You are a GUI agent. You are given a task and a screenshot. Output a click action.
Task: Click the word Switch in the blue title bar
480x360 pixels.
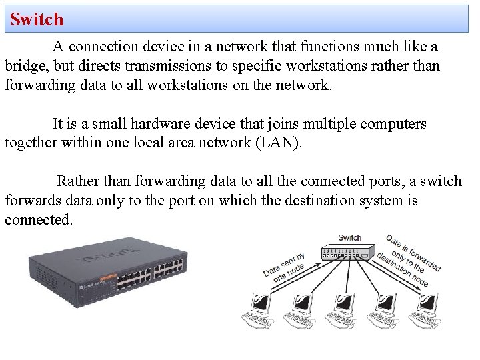37,19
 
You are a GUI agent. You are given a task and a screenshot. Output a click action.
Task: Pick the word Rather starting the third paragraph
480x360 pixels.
77,181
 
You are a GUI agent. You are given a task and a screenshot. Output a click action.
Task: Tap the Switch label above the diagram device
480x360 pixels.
349,237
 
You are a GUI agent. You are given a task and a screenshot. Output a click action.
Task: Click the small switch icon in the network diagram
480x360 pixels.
346,253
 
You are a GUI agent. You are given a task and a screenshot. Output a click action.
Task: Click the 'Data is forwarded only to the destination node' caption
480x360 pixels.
407,261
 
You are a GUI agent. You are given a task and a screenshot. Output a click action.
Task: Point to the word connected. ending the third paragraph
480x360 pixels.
39,220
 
